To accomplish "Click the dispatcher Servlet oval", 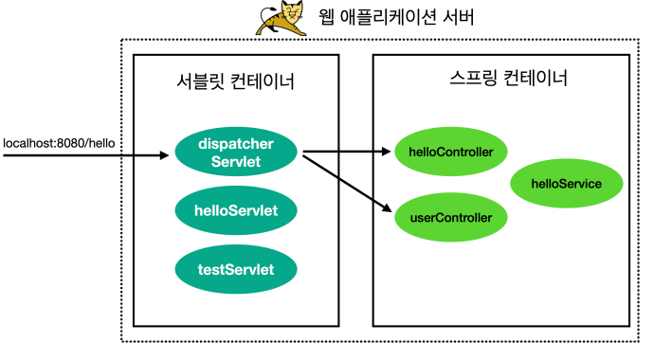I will click(x=236, y=153).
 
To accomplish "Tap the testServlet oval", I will click(x=236, y=269).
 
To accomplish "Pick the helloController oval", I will click(x=450, y=151).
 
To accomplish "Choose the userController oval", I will click(x=450, y=217).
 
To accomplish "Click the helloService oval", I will click(x=567, y=184).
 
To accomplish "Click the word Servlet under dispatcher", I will click(x=236, y=161).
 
